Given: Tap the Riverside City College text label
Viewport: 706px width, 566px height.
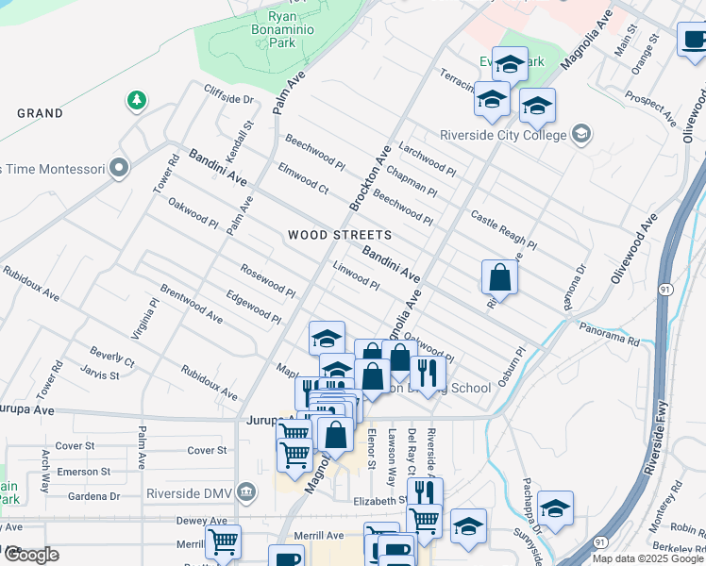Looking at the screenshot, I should (503, 135).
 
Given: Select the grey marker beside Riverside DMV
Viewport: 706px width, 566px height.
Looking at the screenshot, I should (246, 491).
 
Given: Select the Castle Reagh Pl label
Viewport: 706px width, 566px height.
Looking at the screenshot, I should (503, 231).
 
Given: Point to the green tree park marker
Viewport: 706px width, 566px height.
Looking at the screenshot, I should (137, 99).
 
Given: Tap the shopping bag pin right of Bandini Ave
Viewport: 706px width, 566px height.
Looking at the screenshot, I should (499, 277).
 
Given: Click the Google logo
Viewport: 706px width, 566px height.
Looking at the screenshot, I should (29, 555).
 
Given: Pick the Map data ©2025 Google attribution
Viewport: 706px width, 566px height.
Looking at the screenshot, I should (648, 558).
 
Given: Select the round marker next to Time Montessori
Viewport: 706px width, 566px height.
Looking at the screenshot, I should (118, 169).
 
